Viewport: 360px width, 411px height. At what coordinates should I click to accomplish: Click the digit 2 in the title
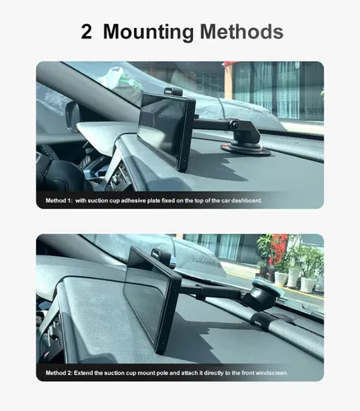point(86,32)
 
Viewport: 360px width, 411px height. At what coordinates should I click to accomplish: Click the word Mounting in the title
point(148,32)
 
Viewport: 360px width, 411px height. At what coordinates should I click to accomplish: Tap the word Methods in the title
point(242,32)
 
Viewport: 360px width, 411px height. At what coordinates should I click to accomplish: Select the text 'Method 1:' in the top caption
point(59,201)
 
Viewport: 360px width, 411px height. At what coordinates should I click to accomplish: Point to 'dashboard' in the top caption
point(247,201)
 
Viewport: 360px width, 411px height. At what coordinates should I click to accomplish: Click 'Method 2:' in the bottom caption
point(59,373)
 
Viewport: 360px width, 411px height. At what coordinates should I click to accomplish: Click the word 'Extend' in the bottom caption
point(83,373)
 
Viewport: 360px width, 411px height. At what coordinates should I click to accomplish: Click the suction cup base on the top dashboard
point(246,150)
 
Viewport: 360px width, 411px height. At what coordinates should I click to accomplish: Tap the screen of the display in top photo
point(163,129)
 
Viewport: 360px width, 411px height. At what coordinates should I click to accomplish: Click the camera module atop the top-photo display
point(173,91)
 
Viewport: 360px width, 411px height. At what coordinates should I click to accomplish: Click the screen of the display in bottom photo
point(147,297)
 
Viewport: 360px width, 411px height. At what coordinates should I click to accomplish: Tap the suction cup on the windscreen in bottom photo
point(265,297)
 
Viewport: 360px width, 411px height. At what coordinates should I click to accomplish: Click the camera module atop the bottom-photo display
point(163,256)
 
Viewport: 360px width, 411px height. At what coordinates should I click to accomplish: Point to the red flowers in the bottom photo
point(279,247)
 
